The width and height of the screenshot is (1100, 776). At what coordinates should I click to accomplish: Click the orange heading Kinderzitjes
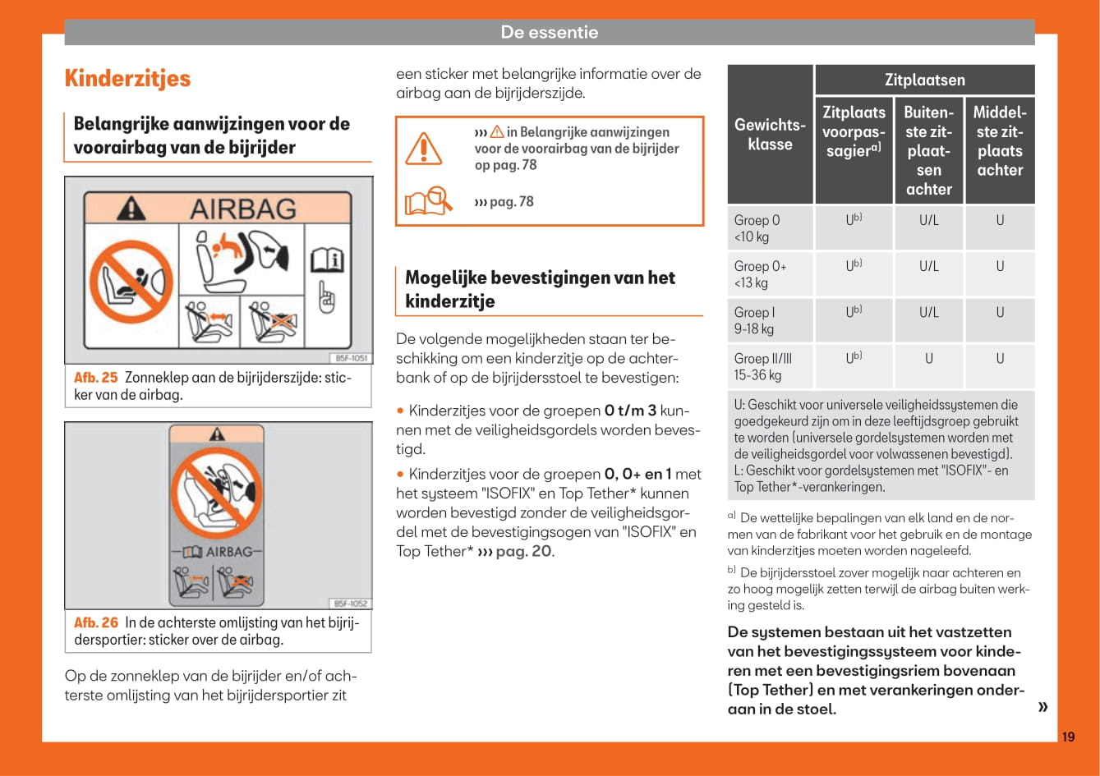click(127, 79)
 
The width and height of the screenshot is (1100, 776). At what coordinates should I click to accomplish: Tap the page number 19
click(1067, 737)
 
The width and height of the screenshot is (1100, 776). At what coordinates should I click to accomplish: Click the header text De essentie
click(550, 32)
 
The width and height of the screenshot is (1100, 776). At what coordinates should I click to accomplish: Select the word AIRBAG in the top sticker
click(242, 209)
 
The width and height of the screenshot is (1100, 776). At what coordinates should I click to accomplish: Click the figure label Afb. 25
click(96, 378)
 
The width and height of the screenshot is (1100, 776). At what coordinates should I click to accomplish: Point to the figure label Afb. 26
click(96, 622)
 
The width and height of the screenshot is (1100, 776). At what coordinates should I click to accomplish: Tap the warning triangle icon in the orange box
click(424, 148)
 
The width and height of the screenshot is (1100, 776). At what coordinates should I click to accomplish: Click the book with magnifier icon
click(429, 201)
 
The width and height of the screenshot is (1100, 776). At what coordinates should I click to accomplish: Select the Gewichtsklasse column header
click(770, 135)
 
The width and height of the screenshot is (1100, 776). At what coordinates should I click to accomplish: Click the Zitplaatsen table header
click(924, 80)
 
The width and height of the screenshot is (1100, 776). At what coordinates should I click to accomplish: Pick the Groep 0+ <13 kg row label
click(761, 274)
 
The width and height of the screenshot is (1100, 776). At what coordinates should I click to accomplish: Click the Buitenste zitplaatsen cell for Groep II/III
click(928, 359)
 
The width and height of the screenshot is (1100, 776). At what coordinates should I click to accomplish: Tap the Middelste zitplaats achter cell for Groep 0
click(1000, 221)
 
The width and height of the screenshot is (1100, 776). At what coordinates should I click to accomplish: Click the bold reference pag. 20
click(523, 551)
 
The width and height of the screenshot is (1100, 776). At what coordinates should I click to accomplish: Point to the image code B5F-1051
click(352, 358)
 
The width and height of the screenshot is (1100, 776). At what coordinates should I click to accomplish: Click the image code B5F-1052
click(352, 604)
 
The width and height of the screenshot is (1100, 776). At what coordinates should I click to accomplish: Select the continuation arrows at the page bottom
click(1042, 707)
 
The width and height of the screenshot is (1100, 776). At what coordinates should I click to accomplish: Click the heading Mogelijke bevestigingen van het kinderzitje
click(540, 289)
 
